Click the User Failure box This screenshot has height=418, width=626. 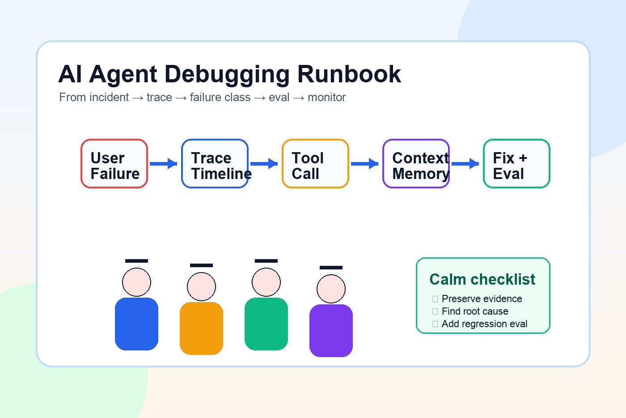click(114, 164)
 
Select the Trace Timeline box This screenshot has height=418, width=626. click(215, 164)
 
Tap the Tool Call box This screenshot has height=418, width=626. click(315, 164)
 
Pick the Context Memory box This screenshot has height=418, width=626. click(416, 164)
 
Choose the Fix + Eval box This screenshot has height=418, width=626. click(516, 164)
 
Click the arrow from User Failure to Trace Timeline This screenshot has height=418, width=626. click(164, 164)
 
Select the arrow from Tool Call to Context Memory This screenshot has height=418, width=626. click(365, 164)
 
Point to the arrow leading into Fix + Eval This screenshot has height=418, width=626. click(465, 164)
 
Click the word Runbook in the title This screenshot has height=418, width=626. click(349, 74)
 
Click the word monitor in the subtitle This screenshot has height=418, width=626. click(327, 98)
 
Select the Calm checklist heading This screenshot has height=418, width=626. click(482, 279)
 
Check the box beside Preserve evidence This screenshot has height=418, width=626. click(435, 299)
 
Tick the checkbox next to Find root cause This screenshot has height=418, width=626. click(435, 311)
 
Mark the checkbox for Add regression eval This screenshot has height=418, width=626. click(435, 324)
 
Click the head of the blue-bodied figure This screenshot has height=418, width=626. click(136, 282)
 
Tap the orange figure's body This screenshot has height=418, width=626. click(201, 328)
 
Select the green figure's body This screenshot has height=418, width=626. click(266, 324)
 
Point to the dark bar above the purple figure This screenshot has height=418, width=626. click(331, 268)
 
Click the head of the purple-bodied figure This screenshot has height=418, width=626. click(331, 289)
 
